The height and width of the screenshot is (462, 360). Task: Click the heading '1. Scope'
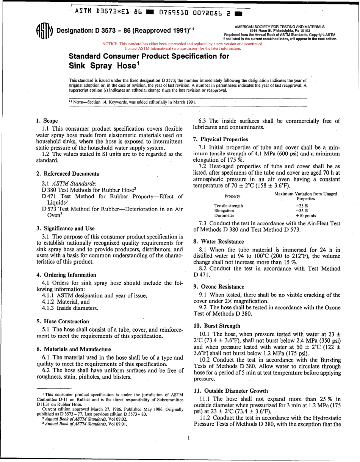pos(47,121)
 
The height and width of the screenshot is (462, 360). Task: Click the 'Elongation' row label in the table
pos(224,211)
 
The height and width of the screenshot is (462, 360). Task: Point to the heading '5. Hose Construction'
pos(63,321)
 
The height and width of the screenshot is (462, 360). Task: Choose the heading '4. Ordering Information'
pos(66,275)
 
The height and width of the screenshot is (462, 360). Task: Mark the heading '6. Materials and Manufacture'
pos(74,349)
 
